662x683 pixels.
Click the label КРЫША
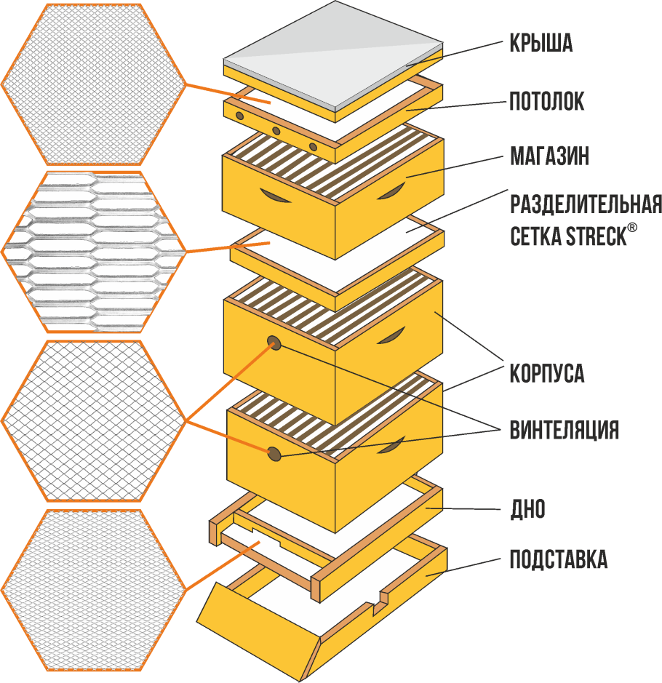541,44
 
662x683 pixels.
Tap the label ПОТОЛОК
546,101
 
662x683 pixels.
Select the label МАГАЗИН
549,156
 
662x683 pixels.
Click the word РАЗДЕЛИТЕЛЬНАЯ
585,204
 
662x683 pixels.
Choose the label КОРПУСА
546,374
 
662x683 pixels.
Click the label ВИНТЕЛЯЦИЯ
564,429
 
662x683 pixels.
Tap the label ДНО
527,509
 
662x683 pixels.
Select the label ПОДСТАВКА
558,560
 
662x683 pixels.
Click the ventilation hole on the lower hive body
275,454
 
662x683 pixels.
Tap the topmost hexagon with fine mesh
92,84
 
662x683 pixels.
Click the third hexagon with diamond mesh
92,420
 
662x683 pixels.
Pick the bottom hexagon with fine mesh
92,589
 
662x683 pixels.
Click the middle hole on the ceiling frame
276,131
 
